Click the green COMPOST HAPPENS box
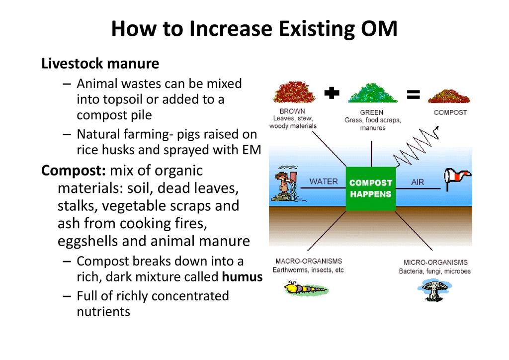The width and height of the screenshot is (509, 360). [371, 188]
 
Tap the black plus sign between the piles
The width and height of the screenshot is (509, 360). [332, 93]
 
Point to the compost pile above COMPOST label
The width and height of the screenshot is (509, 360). [449, 95]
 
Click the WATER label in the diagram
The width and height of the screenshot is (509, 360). [324, 181]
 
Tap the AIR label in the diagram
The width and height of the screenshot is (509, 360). [418, 182]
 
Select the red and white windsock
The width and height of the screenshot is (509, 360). [456, 179]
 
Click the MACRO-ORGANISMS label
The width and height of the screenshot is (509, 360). [309, 261]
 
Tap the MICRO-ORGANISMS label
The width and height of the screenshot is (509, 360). [435, 262]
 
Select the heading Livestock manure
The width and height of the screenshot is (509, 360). [100, 64]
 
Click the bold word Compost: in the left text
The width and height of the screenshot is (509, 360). [74, 171]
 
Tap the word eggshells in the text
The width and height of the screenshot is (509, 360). [86, 241]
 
